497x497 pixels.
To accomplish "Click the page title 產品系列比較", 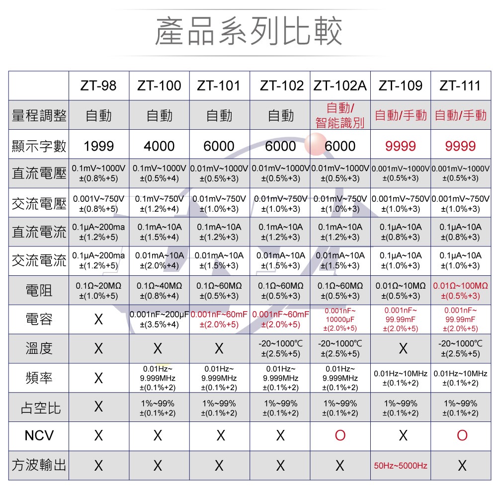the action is click(248, 31).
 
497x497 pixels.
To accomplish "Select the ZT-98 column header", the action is click(98, 85).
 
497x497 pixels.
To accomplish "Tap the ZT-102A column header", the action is click(340, 85).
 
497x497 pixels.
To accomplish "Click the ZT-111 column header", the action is click(460, 85).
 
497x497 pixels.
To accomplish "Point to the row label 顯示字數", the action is click(39, 146).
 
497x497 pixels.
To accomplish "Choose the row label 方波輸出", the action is click(39, 465).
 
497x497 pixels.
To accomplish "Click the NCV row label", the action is click(39, 436).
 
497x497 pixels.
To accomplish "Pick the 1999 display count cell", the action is click(98, 146).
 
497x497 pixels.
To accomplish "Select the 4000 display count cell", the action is click(159, 146).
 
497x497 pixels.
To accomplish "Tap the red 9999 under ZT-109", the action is click(401, 146).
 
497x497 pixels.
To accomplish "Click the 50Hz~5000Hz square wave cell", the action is click(401, 466).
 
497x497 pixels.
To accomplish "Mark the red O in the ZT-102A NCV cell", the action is click(340, 436).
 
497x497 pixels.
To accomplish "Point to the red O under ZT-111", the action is click(462, 436).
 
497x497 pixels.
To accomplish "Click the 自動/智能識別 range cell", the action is click(340, 115).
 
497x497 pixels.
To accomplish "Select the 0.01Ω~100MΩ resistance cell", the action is click(461, 291).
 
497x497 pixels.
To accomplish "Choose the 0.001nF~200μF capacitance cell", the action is click(159, 319).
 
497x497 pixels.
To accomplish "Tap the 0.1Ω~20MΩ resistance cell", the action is click(98, 291).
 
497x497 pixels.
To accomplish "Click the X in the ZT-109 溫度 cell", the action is click(403, 349).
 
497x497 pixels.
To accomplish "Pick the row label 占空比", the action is click(39, 408).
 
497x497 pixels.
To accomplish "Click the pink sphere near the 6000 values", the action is click(315, 144).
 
